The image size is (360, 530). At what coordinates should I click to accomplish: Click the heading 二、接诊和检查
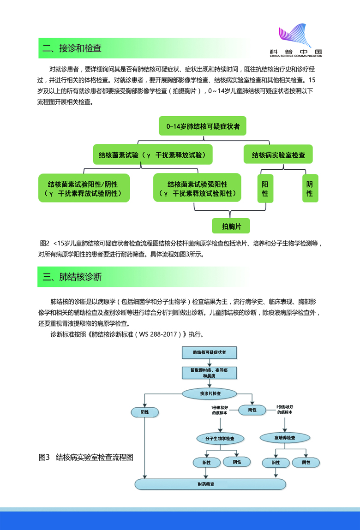coord(72,48)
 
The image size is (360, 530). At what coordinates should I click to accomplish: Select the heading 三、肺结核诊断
coord(72,277)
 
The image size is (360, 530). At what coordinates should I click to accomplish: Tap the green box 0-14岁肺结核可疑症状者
coord(203,126)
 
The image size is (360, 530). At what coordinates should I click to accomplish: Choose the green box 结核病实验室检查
coord(278,155)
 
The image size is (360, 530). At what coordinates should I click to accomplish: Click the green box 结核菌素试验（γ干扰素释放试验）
coord(152,155)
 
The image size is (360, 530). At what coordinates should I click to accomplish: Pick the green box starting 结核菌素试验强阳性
coord(197,188)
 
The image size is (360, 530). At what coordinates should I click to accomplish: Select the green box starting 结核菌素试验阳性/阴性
coord(84,188)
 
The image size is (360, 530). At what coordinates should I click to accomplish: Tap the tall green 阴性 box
coord(310,188)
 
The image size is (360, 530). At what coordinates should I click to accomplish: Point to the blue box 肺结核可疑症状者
coord(210,352)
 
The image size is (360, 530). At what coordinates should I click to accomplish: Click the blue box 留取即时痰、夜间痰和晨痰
coord(210,373)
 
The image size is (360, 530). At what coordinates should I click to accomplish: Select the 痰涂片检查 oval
coord(210,394)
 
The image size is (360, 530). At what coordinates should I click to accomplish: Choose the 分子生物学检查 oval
coord(219,438)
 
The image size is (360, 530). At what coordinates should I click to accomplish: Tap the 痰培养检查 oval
coord(284,437)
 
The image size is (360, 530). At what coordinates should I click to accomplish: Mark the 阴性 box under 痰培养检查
coord(306,462)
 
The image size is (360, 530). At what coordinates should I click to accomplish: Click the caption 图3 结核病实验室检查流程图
coord(86,458)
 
